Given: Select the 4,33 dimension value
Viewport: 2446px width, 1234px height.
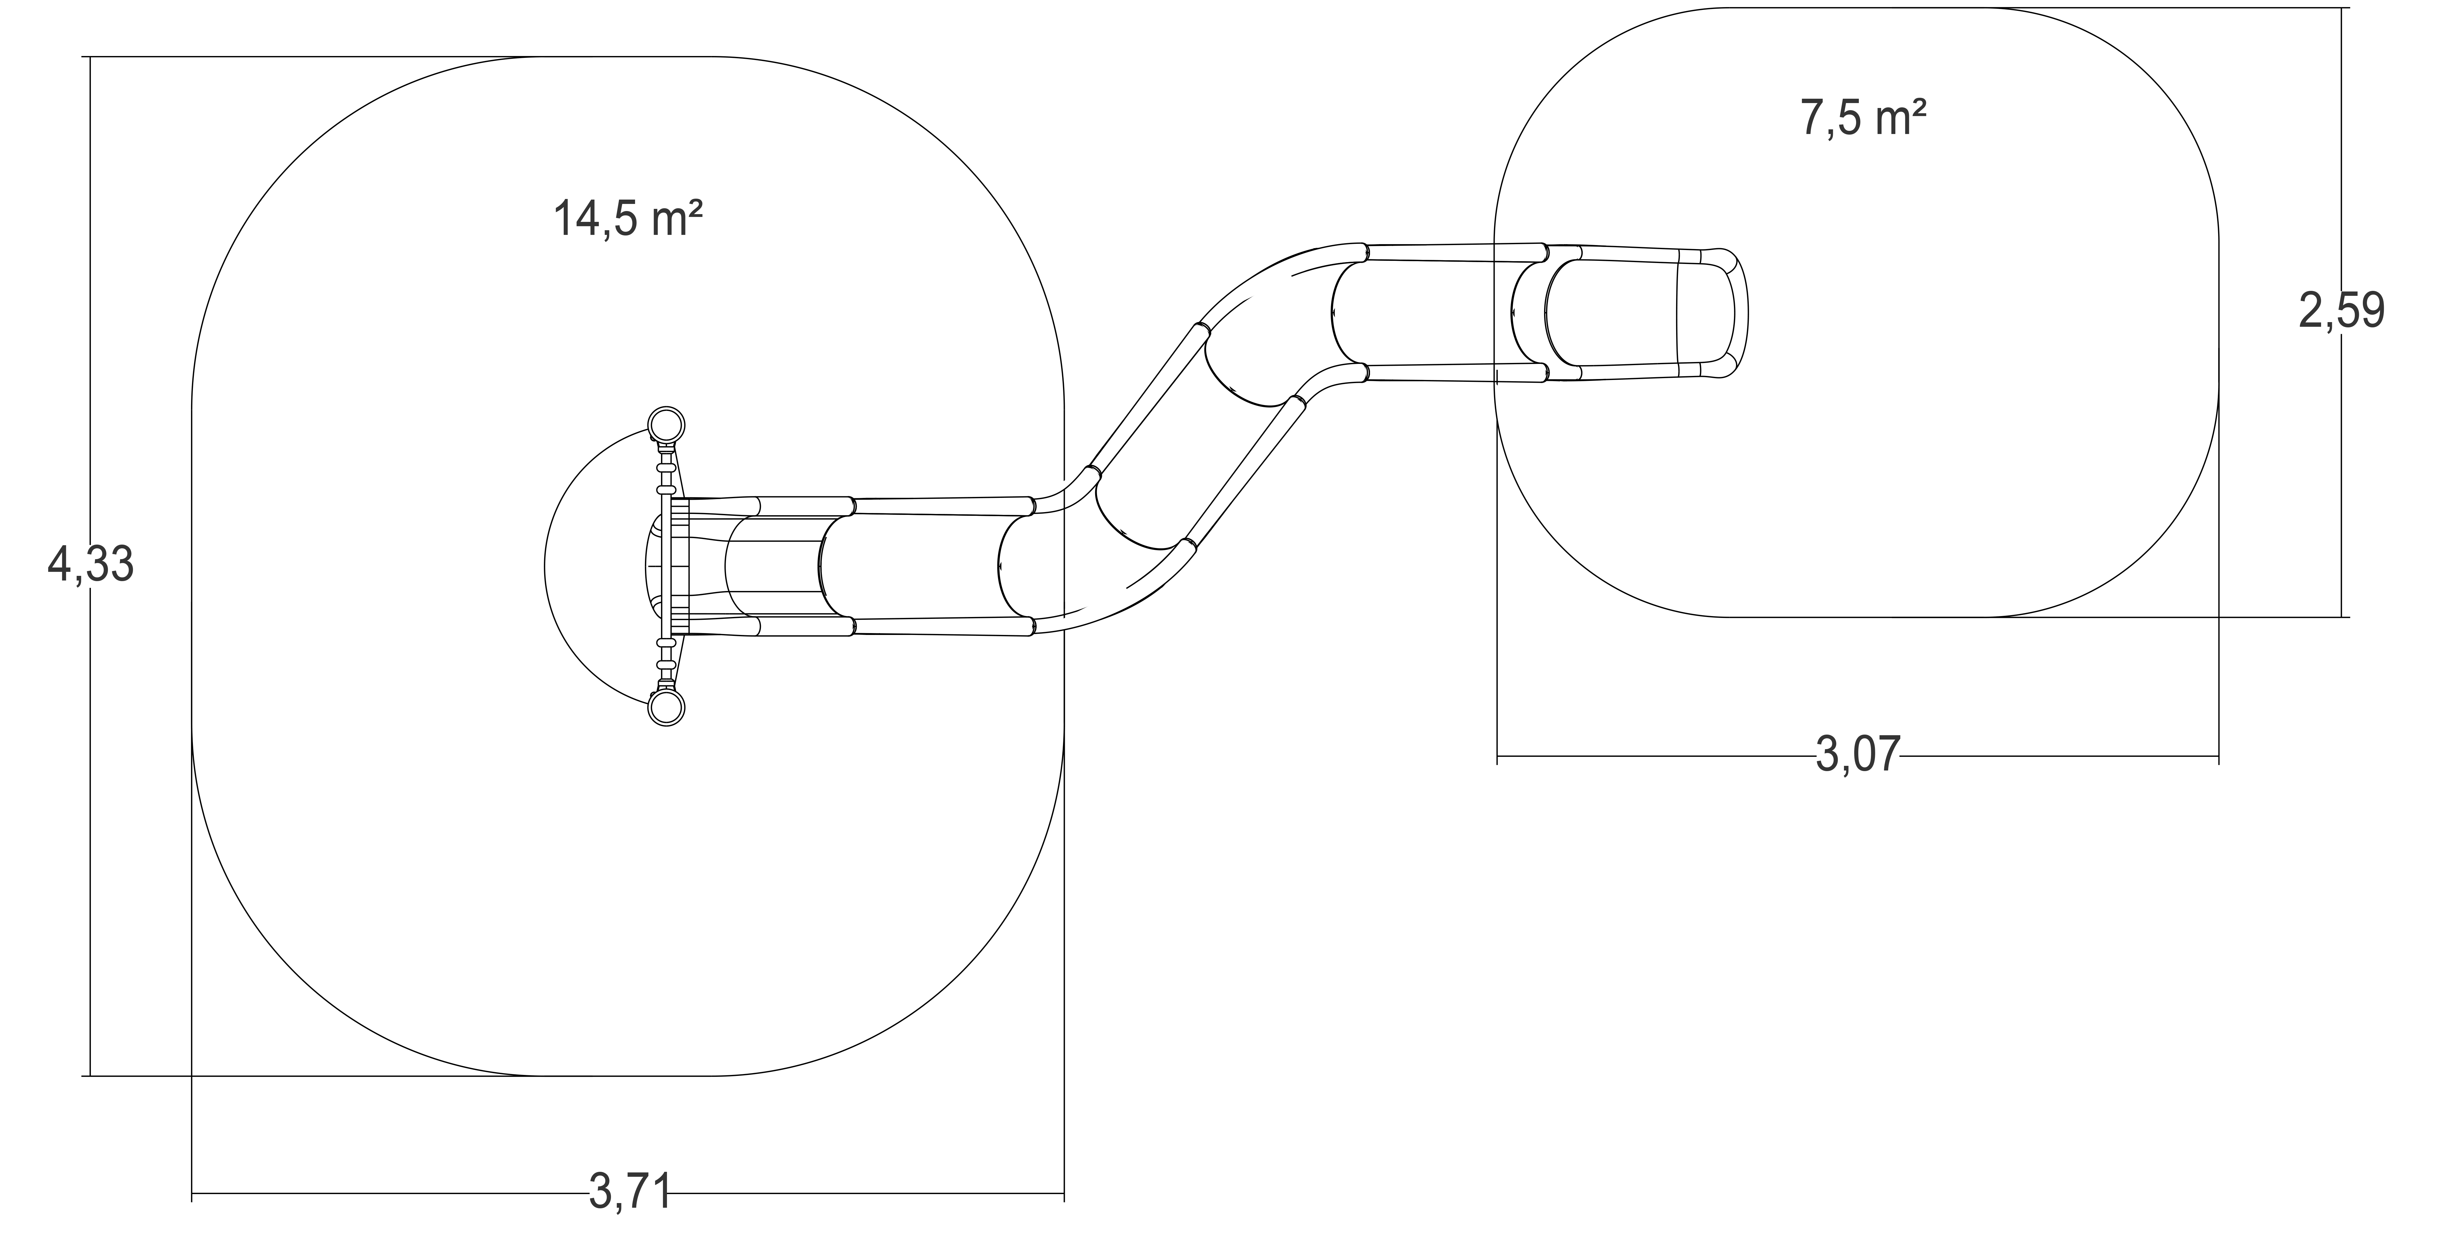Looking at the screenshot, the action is [90, 566].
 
